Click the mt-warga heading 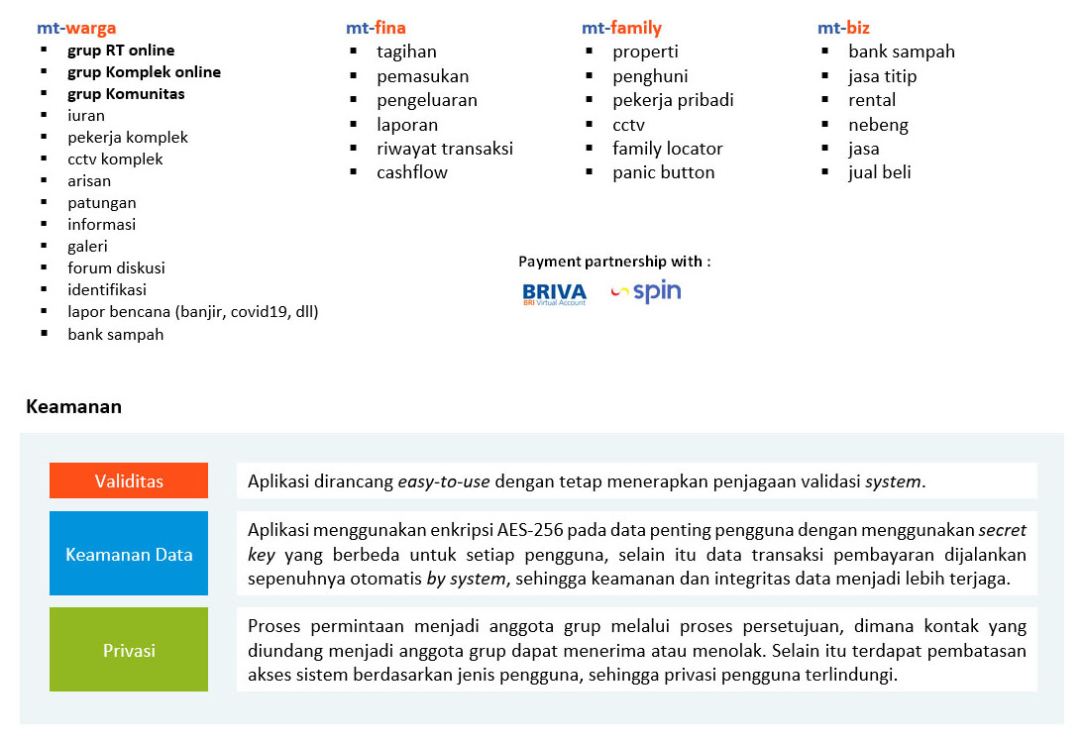click(x=76, y=28)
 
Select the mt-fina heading click(x=376, y=28)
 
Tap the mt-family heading click(x=621, y=28)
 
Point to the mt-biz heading click(x=843, y=28)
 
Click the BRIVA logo click(x=554, y=293)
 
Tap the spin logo click(x=647, y=291)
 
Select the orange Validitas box click(x=129, y=481)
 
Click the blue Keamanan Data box click(x=129, y=554)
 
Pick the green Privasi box click(x=129, y=650)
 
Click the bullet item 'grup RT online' click(x=121, y=51)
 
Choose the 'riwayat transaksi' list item click(x=445, y=149)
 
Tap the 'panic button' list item click(x=663, y=172)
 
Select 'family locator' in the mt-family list click(x=667, y=149)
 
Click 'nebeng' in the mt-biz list click(x=878, y=125)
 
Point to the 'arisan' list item click(x=89, y=181)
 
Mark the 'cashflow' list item click(x=412, y=172)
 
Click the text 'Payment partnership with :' click(x=614, y=262)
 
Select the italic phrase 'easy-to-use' click(x=444, y=482)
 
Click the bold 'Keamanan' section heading click(x=73, y=406)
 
